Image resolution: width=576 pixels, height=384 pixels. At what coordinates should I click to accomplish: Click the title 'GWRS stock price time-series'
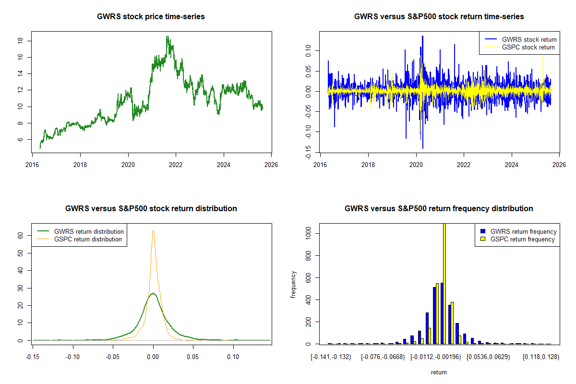pos(151,17)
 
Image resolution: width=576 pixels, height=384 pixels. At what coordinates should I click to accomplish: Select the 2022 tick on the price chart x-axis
pos(176,162)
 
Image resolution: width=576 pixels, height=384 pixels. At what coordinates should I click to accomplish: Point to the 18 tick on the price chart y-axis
pos(20,41)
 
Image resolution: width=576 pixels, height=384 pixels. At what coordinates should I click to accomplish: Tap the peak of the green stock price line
pos(167,36)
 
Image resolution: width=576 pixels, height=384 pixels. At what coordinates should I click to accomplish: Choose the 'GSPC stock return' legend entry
pos(528,47)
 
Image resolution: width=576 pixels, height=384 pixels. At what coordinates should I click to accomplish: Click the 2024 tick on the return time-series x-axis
pos(512,162)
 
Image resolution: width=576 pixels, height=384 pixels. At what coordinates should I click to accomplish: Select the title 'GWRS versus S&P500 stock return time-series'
pos(439,17)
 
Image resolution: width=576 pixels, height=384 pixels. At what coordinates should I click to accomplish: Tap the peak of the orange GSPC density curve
pos(153,230)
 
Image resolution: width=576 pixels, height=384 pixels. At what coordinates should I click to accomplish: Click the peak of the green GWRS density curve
pos(153,293)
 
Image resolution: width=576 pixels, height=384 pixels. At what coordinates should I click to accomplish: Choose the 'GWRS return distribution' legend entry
pos(89,231)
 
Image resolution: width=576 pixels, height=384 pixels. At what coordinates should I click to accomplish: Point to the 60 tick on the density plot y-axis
pos(20,236)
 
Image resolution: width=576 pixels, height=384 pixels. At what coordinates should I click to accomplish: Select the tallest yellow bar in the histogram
pos(444,283)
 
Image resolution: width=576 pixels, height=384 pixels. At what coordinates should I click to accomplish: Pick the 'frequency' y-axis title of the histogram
pos(293,284)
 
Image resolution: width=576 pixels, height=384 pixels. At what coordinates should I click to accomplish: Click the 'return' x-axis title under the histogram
pos(439,372)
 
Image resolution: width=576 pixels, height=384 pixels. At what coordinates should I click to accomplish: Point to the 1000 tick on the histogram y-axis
pos(308,233)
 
